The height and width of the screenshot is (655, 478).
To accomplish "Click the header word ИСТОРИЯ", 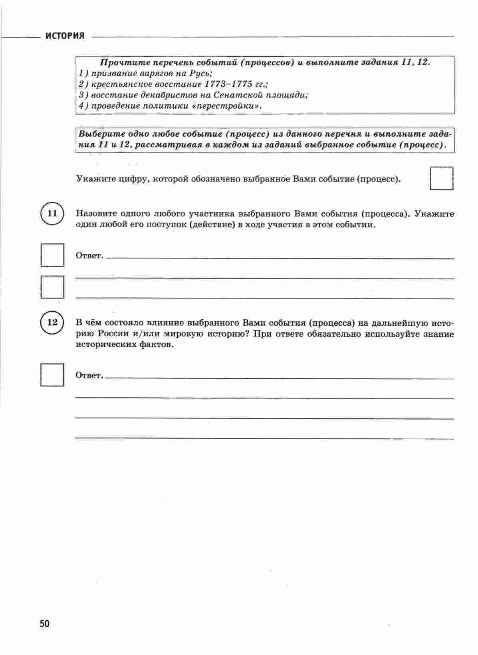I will [x=65, y=36].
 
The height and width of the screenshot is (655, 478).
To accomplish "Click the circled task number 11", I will [x=52, y=213].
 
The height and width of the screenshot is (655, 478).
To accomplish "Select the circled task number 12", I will [x=52, y=322].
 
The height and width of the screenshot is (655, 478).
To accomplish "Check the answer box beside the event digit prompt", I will [x=442, y=178].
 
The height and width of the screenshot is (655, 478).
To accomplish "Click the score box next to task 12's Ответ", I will [x=52, y=374].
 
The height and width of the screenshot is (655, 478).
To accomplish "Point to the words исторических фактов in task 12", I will [x=125, y=344].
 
